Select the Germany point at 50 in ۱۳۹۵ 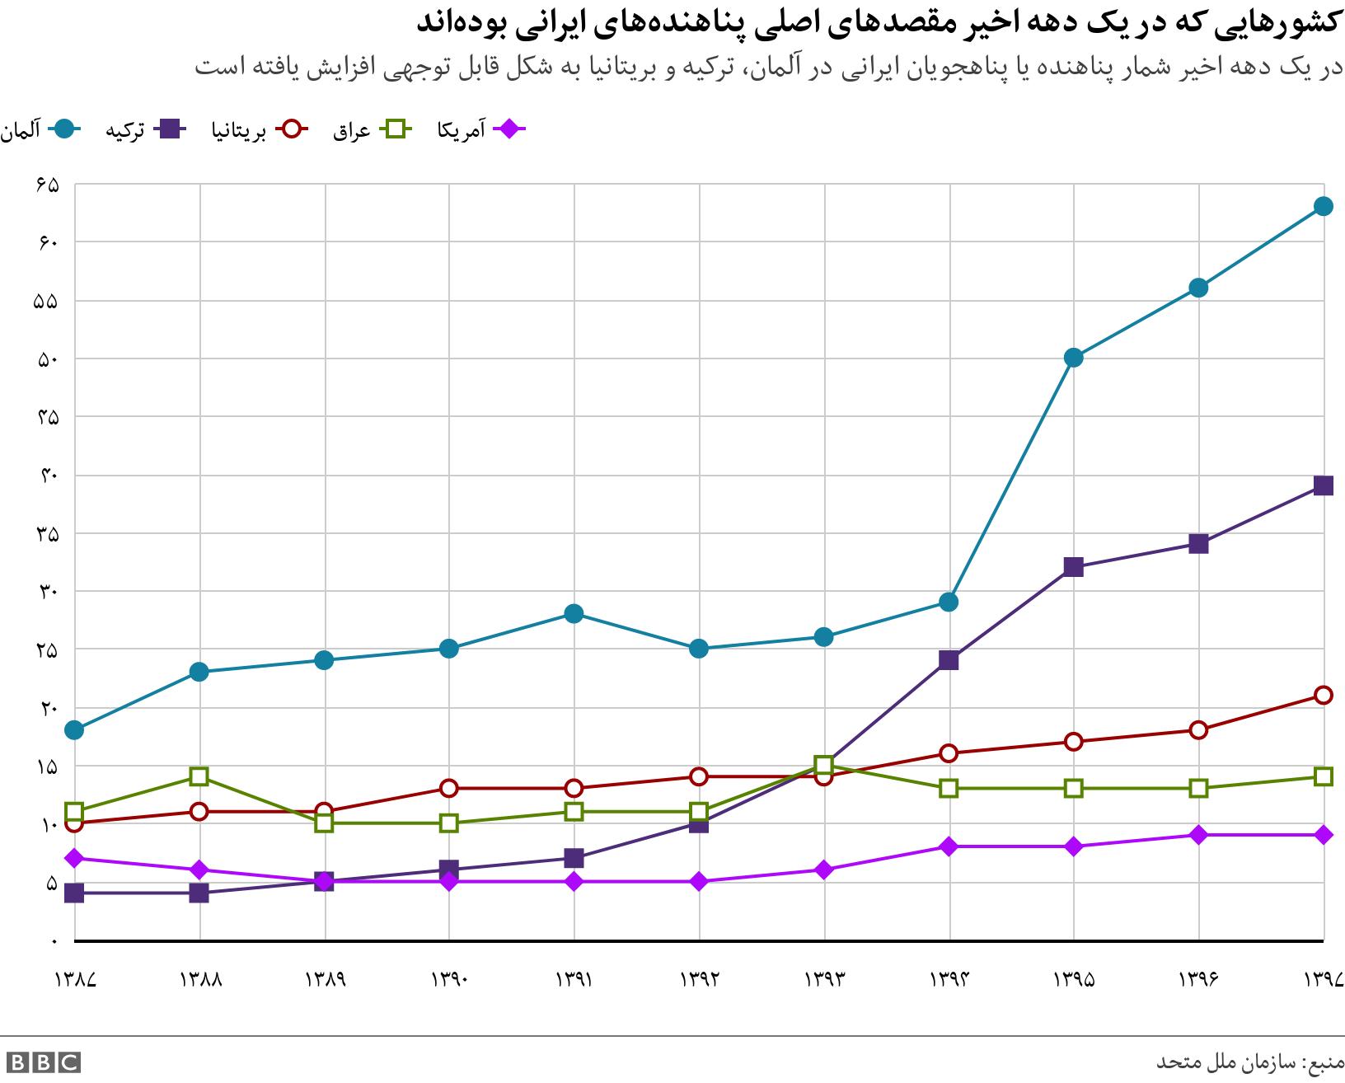click(x=1073, y=358)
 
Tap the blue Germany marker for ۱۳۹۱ click(x=574, y=613)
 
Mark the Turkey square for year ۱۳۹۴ click(x=949, y=660)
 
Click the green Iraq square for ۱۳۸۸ click(x=199, y=776)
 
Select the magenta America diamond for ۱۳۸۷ click(x=74, y=858)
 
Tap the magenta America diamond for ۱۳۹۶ click(x=1198, y=835)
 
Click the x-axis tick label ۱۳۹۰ click(x=449, y=979)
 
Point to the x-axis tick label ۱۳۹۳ click(x=824, y=979)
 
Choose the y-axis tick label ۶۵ click(x=48, y=185)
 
